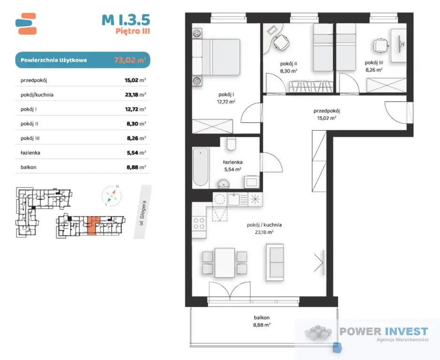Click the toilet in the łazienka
coord(232,143)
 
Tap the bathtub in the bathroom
coord(200,167)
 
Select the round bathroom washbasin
coord(224,184)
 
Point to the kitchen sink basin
coord(234,199)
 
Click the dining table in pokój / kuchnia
coord(225,262)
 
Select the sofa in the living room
coord(275,262)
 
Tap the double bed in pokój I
coord(216,57)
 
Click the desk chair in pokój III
coord(380,45)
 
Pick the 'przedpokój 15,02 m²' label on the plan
coord(326,114)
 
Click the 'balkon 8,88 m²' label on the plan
coord(262,321)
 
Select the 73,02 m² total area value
coord(130,60)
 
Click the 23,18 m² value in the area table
coord(136,95)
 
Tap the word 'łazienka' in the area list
coord(30,153)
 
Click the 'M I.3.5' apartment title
coord(126,20)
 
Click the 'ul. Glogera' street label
coord(143,213)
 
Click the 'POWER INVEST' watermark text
coord(384,331)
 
